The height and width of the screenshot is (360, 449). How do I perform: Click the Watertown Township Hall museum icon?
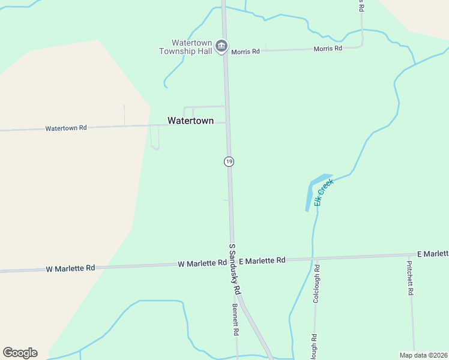coord(221,46)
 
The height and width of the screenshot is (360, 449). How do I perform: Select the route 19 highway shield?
coord(229,161)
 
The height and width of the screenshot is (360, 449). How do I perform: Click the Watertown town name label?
coord(190,121)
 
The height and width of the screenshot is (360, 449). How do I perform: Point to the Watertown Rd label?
coord(66,128)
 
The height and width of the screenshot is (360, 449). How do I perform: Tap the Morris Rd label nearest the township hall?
coord(246,52)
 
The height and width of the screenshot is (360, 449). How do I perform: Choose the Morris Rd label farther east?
coord(328,48)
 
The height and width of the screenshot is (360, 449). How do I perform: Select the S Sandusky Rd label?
coord(235,269)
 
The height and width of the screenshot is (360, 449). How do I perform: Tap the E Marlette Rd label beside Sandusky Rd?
coord(262,260)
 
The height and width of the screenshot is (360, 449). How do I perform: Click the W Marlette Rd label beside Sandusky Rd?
coord(202,263)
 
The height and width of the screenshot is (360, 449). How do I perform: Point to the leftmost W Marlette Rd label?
coord(70,268)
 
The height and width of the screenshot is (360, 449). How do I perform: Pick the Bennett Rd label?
coord(236,319)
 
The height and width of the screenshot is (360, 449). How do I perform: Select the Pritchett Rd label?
coord(410,278)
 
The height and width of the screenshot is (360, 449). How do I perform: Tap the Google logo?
coord(20,353)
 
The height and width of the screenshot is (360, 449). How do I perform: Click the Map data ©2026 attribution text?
coord(423,355)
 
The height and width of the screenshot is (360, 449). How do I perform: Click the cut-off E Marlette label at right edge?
coord(433,254)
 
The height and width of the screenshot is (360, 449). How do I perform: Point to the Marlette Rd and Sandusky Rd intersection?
coord(232,262)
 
